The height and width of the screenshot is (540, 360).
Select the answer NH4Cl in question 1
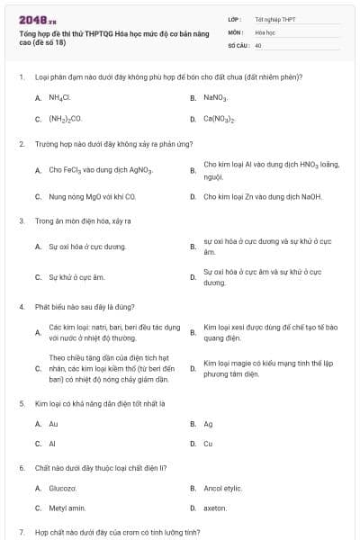click(x=59, y=96)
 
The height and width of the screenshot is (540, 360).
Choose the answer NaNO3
click(x=215, y=96)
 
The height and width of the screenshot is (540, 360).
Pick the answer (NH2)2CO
click(x=65, y=118)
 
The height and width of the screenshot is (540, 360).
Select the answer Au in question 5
click(x=53, y=423)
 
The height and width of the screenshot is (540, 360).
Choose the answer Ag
click(x=208, y=423)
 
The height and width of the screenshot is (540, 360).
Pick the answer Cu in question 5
click(x=208, y=444)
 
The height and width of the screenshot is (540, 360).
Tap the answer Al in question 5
click(x=52, y=444)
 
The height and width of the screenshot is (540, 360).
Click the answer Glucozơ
click(x=62, y=488)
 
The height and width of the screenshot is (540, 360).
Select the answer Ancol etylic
click(x=222, y=488)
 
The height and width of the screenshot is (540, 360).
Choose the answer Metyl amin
click(x=65, y=508)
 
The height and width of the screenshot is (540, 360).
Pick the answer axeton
click(x=215, y=508)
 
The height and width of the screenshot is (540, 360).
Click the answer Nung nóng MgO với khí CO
click(x=92, y=196)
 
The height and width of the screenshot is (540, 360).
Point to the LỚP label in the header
click(x=234, y=18)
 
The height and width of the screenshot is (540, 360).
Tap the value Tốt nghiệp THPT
click(x=275, y=18)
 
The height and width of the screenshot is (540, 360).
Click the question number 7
click(x=21, y=533)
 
